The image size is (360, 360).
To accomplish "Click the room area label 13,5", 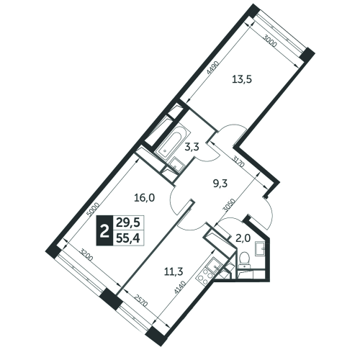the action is [x=241, y=79].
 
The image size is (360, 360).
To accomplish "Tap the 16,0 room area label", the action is [x=144, y=198].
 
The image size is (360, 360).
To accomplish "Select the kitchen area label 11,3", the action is [x=174, y=272].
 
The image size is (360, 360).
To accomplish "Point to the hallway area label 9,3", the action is [x=220, y=184].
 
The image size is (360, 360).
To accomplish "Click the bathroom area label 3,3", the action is [x=192, y=147].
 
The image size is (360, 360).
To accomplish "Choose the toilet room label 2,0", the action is [x=244, y=238].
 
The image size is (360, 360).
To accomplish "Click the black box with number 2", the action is [x=104, y=230].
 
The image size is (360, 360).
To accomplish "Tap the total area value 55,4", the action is [x=128, y=238].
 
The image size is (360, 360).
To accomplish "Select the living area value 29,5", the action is [x=128, y=222].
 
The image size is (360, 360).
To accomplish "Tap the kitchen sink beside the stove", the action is [x=214, y=265].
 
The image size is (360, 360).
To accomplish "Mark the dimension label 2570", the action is [x=141, y=300].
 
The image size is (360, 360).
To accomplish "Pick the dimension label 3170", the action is [x=238, y=161].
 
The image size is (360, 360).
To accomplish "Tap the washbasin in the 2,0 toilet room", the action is [x=260, y=249].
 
